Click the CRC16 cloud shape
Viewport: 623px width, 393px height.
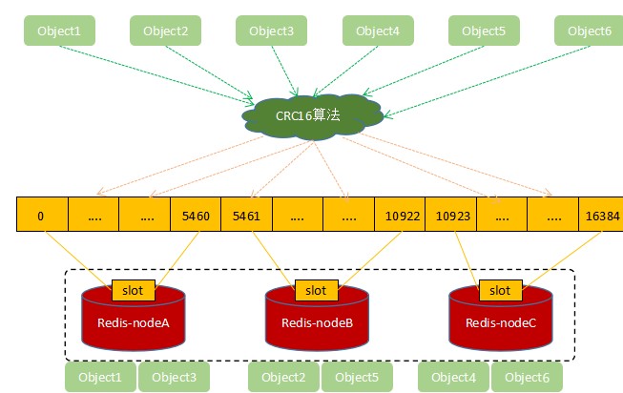(310, 116)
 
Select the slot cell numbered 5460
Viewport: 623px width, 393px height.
(195, 216)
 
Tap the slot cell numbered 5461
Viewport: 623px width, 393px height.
(246, 216)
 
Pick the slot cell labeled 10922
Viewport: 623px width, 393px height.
(400, 216)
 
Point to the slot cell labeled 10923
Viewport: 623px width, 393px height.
(450, 216)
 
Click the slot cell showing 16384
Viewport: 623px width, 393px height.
(601, 216)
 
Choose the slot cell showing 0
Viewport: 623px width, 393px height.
(41, 216)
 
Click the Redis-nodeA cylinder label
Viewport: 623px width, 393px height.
(134, 322)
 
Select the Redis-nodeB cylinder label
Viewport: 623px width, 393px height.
(317, 322)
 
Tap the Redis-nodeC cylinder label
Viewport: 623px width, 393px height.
(501, 322)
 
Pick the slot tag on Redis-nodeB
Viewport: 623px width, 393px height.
(316, 290)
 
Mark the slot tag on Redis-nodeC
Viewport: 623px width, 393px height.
(500, 290)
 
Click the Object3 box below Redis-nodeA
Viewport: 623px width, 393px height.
(174, 378)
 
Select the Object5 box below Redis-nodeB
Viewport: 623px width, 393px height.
(357, 378)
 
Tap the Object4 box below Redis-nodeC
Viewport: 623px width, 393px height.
(453, 378)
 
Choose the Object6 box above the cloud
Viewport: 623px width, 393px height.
(589, 31)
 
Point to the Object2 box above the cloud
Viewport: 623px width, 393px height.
(165, 31)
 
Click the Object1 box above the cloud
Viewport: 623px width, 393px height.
(59, 31)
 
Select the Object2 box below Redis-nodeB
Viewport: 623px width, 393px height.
(283, 378)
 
